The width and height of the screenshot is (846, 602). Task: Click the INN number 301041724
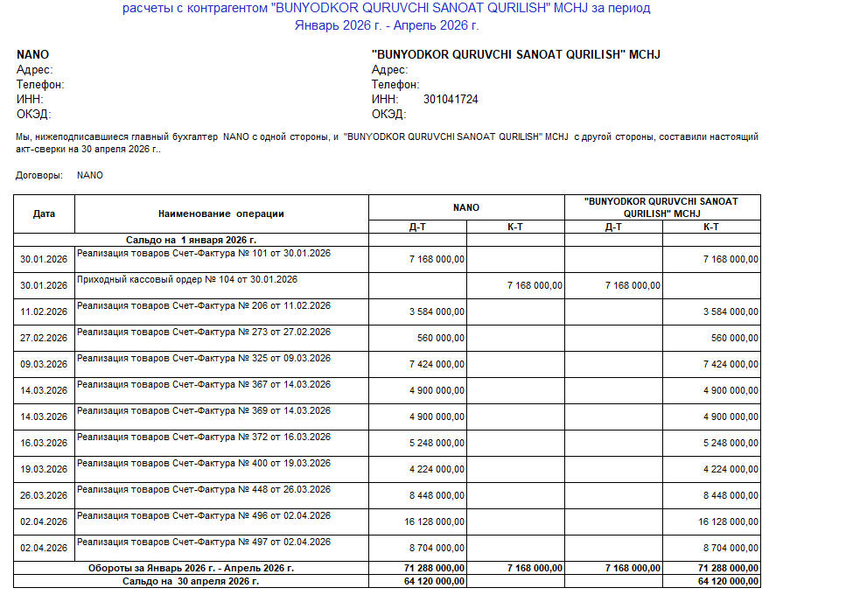[451, 100]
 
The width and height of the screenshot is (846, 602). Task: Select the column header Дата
[44, 213]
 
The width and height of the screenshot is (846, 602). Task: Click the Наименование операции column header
[221, 213]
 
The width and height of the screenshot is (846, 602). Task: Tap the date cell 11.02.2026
[44, 311]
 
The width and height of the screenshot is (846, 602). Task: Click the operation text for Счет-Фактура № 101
[204, 254]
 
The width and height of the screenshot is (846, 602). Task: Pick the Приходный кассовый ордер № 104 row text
[187, 280]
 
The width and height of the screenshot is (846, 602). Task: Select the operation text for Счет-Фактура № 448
[204, 490]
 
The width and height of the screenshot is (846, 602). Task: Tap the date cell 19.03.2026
[44, 469]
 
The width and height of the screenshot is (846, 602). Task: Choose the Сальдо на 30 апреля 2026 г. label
[191, 581]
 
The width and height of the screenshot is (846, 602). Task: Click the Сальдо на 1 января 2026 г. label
[191, 239]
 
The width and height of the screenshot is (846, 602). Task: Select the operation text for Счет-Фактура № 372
[204, 437]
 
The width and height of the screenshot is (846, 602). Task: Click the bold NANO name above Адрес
[32, 54]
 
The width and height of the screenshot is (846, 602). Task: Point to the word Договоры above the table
[39, 175]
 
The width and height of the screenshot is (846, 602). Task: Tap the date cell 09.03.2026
[44, 364]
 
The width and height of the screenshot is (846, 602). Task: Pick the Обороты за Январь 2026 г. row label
[191, 568]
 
